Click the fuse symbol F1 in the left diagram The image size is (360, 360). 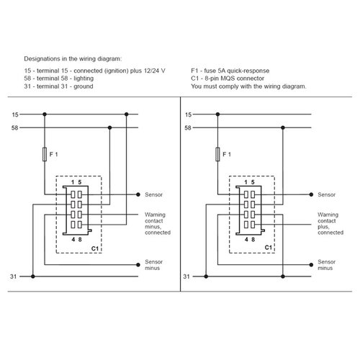tap(45, 154)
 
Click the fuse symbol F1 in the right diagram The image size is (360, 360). tap(217, 154)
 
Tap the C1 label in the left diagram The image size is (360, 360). tap(95, 248)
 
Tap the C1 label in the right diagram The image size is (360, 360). tap(269, 248)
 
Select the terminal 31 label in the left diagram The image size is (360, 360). tap(14, 276)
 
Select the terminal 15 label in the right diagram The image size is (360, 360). tap(189, 114)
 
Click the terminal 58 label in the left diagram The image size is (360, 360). tap(15, 128)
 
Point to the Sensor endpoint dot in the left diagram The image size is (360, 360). tap(138, 194)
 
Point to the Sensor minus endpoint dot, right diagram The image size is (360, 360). tap(311, 265)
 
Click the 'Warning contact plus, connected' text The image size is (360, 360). tap(330, 223)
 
